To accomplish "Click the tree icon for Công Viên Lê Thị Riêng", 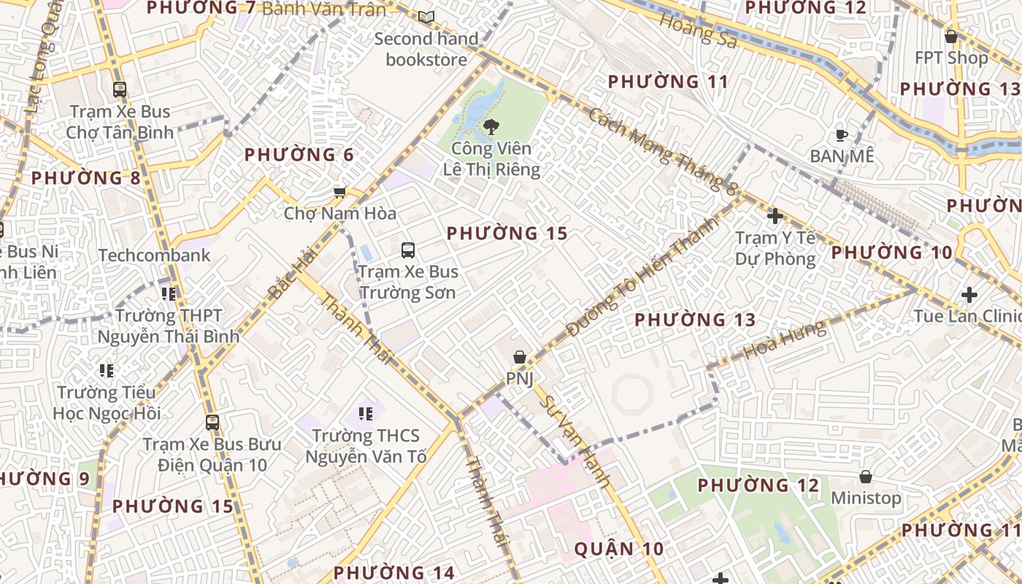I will [x=491, y=127].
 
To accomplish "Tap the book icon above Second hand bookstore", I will [x=426, y=17].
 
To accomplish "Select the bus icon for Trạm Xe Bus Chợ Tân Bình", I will [x=120, y=90].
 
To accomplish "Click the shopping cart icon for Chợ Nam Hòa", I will [x=339, y=193].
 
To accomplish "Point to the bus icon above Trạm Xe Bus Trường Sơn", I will [x=408, y=250].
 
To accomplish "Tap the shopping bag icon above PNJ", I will [x=520, y=357].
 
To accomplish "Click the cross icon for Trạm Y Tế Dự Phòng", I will [x=775, y=216].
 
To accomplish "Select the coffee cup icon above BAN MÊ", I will [x=841, y=135].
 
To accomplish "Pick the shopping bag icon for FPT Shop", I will [x=951, y=36].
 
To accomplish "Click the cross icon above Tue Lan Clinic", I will [x=969, y=295].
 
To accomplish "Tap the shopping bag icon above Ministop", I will [x=866, y=477].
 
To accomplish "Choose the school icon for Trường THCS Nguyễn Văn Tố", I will [x=366, y=415].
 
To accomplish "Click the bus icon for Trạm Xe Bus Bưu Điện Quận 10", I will [x=212, y=422].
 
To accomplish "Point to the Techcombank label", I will [x=154, y=255].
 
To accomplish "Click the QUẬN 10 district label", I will [x=619, y=549].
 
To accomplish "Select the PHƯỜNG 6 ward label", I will [x=299, y=155].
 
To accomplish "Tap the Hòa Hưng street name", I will [x=785, y=340].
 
